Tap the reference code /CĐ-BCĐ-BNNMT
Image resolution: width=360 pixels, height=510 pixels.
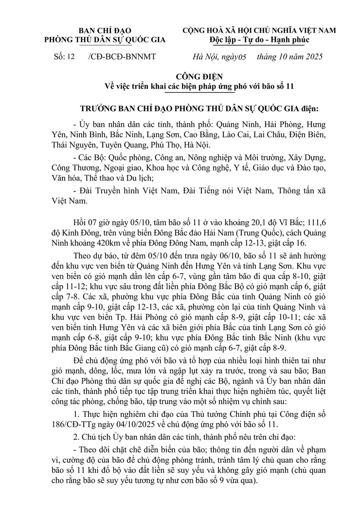pyautogui.click(x=122, y=57)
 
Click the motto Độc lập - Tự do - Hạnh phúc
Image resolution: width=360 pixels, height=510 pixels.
pyautogui.click(x=259, y=39)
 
